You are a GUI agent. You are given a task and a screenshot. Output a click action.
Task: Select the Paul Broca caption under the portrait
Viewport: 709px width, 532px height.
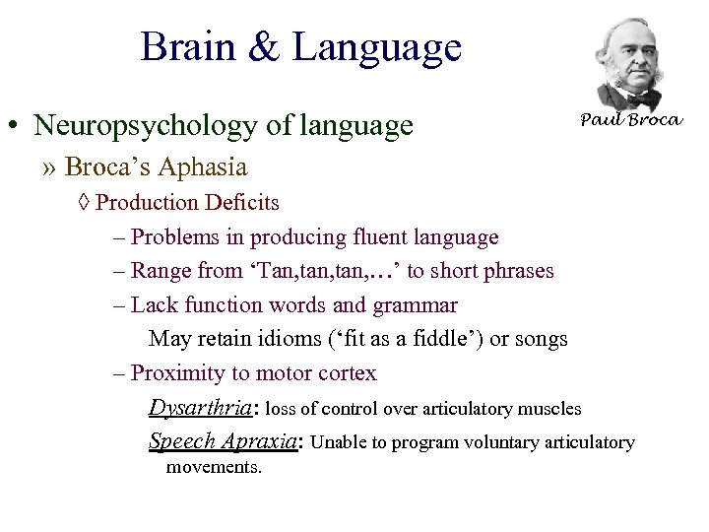point(630,120)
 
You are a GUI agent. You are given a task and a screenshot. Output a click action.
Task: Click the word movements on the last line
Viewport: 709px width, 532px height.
point(214,467)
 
